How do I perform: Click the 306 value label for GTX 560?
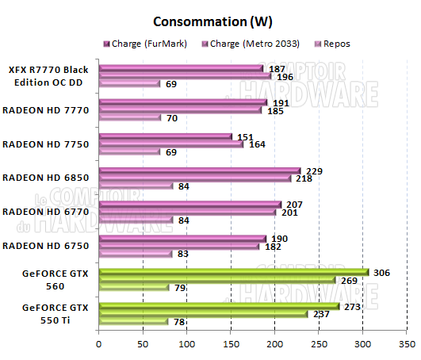tap(381, 272)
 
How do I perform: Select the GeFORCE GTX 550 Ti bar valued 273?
tap(219, 305)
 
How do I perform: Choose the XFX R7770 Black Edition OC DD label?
tap(49, 76)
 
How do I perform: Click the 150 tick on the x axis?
tap(231, 345)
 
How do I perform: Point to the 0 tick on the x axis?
tap(98, 345)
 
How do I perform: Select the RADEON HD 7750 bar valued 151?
tap(165, 136)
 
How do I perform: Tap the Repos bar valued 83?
tap(135, 253)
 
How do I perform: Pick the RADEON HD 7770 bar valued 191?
tap(182, 102)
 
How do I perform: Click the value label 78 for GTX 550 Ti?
tap(179, 321)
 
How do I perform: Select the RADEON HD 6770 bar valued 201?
tap(187, 212)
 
